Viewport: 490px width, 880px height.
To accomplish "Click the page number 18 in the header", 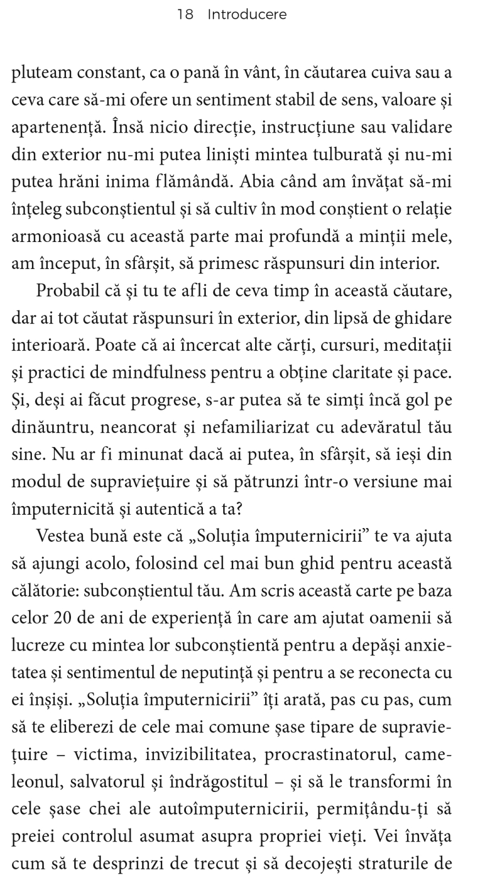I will pos(185,15).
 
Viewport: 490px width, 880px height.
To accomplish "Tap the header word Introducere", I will pos(247,15).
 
